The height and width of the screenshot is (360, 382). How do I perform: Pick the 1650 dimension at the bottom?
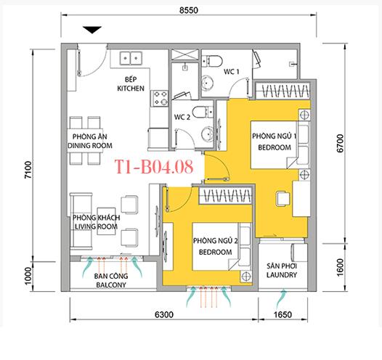click(x=283, y=315)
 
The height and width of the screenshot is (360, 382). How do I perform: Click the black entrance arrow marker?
click(x=92, y=30)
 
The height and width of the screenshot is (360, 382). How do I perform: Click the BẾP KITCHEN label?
click(x=131, y=84)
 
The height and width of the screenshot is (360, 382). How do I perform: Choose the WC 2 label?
click(x=182, y=116)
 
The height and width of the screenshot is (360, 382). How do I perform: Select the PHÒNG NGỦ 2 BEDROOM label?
click(x=213, y=246)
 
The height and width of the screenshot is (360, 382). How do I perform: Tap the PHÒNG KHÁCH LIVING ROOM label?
click(x=96, y=221)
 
